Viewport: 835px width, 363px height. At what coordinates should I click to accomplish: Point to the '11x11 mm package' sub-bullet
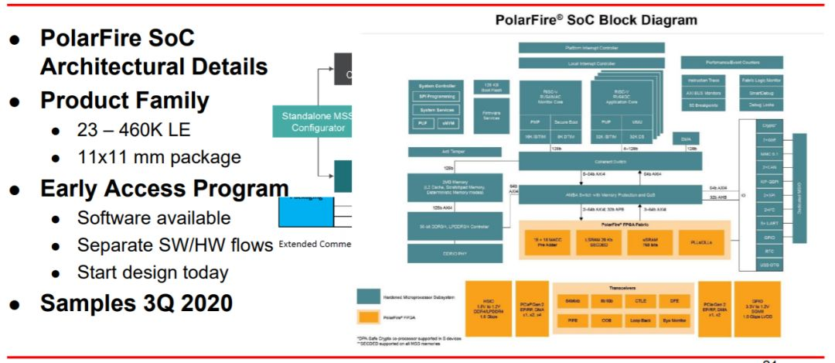tap(158, 157)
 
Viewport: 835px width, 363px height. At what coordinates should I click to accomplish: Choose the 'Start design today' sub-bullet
tap(152, 272)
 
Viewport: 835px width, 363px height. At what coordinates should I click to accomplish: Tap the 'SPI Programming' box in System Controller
tap(437, 98)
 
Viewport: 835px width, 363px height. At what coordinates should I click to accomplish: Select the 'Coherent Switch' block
tap(609, 160)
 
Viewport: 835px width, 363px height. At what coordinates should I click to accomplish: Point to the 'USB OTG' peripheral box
tap(768, 265)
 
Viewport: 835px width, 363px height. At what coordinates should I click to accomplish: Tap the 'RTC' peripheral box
tap(768, 252)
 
